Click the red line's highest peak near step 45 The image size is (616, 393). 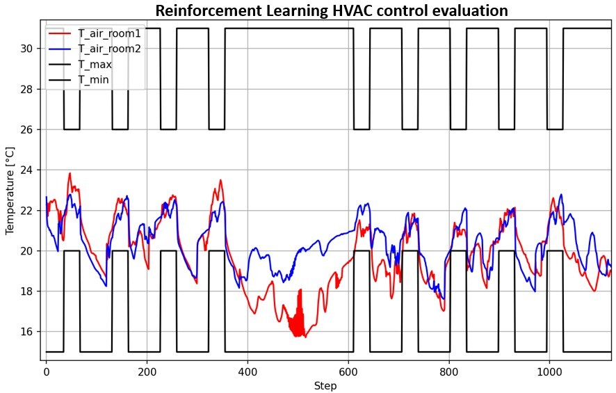70,173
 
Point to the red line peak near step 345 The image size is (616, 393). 220,180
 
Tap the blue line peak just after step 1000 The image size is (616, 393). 560,195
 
